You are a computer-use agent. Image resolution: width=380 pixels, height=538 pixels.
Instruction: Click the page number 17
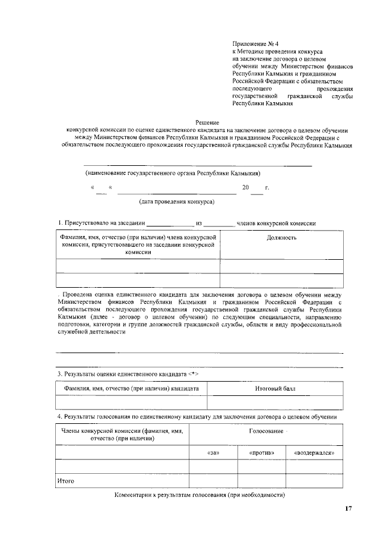349,509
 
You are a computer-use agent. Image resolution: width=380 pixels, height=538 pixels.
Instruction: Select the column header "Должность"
281,238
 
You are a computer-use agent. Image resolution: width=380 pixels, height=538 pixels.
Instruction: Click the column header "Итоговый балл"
275,388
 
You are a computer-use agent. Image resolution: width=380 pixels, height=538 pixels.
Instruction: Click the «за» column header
213,452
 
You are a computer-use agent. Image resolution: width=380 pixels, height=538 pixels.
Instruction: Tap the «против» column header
261,452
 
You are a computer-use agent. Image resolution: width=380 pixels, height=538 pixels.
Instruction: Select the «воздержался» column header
314,452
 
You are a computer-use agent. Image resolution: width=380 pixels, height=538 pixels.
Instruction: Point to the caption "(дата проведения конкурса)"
176,202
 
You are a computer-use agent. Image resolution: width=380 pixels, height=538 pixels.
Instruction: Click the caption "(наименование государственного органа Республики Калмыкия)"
173,173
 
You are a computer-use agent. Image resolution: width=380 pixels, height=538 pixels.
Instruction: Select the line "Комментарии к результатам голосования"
200,495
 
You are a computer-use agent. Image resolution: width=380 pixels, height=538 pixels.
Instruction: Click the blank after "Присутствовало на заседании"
170,224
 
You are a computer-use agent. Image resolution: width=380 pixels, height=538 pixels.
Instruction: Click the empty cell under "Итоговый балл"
275,402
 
